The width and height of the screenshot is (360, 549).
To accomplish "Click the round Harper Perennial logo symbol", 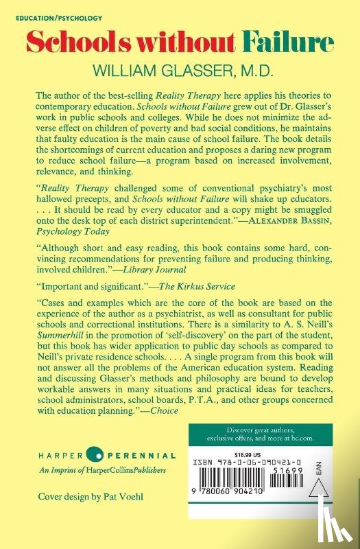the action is coord(96,456).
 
